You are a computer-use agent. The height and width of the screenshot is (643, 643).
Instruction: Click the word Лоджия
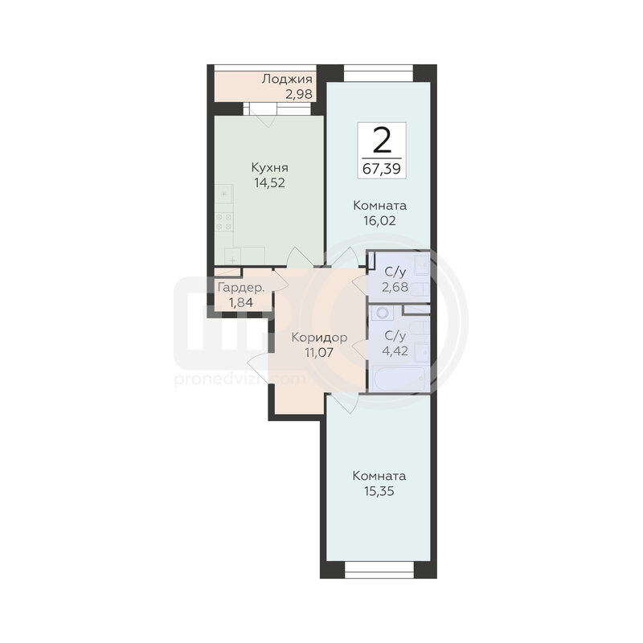pyautogui.click(x=287, y=79)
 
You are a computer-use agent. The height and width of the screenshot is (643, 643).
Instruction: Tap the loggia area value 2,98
pyautogui.click(x=299, y=94)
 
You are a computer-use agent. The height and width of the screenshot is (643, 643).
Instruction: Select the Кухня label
pyautogui.click(x=269, y=168)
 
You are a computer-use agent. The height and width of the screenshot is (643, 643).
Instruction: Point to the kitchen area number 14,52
pyautogui.click(x=269, y=183)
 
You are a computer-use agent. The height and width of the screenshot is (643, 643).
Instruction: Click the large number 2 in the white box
pyautogui.click(x=382, y=141)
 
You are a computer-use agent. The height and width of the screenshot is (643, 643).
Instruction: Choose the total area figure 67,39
pyautogui.click(x=382, y=169)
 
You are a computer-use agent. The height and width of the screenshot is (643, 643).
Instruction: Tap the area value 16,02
pyautogui.click(x=379, y=221)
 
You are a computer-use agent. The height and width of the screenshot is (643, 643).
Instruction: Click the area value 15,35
pyautogui.click(x=379, y=491)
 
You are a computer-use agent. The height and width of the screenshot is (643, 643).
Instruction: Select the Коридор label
pyautogui.click(x=319, y=338)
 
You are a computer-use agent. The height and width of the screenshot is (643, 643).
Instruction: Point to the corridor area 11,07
pyautogui.click(x=319, y=352)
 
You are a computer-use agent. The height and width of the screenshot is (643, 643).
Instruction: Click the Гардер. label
pyautogui.click(x=240, y=288)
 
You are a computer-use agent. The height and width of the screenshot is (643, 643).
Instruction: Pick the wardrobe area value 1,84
pyautogui.click(x=240, y=303)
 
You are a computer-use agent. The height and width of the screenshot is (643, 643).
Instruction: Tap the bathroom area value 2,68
pyautogui.click(x=395, y=287)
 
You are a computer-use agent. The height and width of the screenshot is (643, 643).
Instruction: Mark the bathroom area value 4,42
pyautogui.click(x=395, y=351)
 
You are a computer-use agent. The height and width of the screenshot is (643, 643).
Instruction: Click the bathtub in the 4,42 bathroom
pyautogui.click(x=398, y=379)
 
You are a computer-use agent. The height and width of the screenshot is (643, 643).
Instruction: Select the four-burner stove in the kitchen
pyautogui.click(x=224, y=222)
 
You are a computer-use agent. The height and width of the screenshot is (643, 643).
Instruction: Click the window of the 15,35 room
pyautogui.click(x=379, y=570)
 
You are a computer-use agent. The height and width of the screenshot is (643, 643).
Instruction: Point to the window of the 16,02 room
pyautogui.click(x=378, y=73)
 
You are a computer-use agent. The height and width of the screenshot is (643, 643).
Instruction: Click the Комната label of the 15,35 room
pyautogui.click(x=379, y=476)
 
